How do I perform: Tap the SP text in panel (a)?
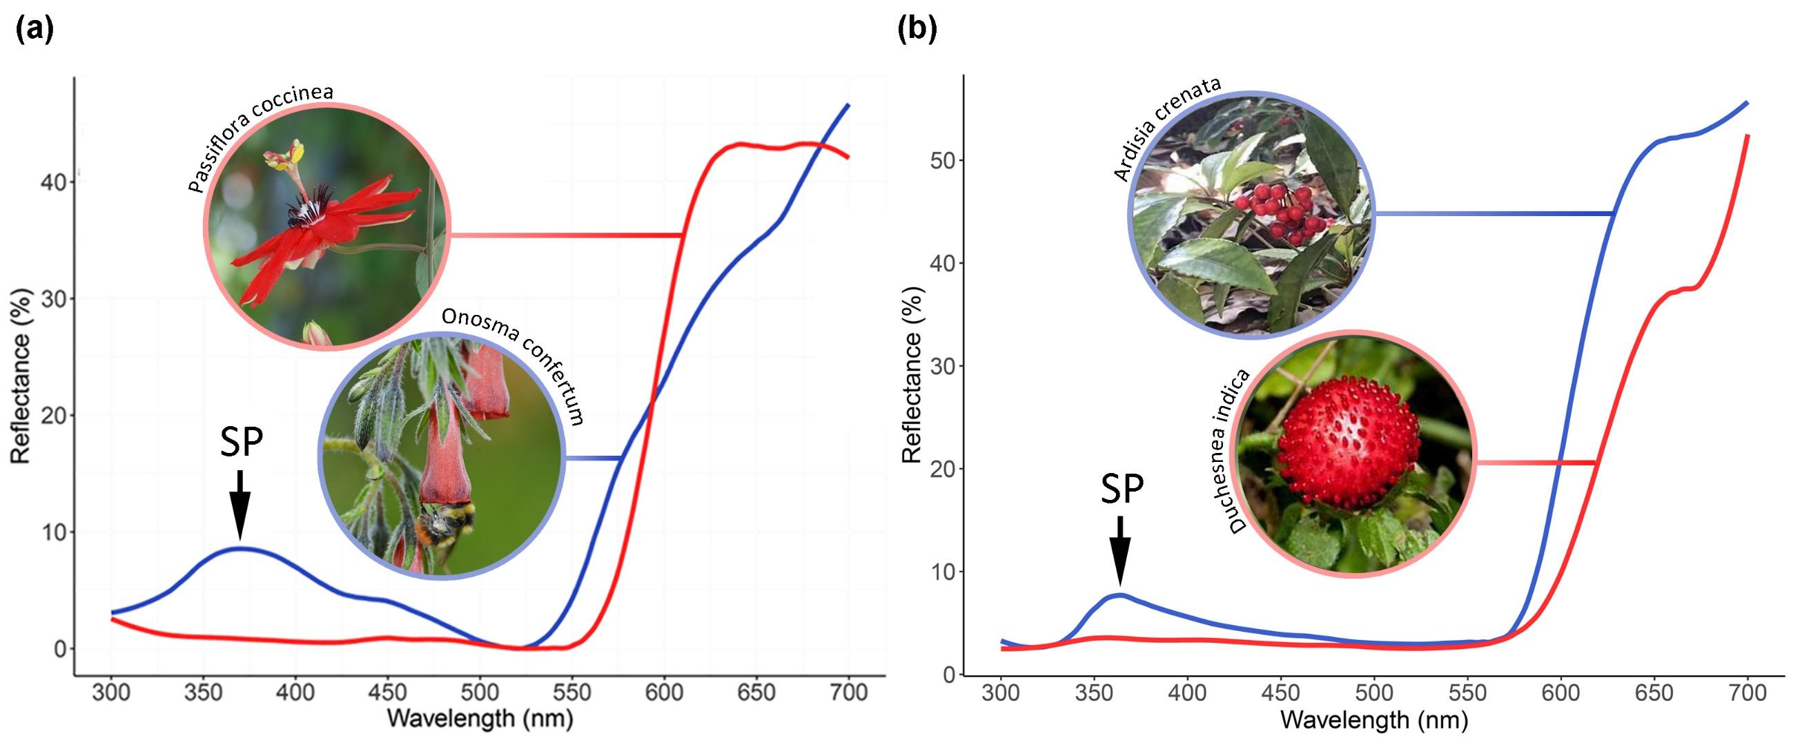point(241,443)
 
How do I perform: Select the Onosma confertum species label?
point(514,364)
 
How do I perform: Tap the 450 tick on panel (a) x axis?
point(387,692)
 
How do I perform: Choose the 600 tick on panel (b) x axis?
point(1560,693)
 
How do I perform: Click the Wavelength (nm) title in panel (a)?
point(480,719)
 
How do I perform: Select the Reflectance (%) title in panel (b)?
point(913,375)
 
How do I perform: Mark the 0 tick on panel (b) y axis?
point(948,675)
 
